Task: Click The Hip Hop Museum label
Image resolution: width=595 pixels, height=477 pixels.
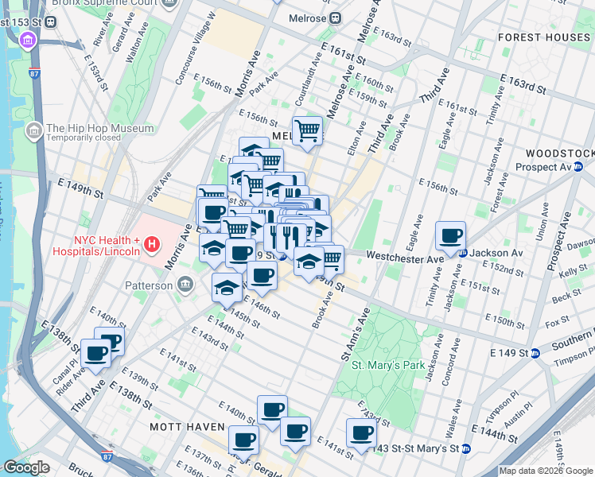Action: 99,128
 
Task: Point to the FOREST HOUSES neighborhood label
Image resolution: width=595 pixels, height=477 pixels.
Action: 545,37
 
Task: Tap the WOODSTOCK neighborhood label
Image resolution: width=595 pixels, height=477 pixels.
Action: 560,153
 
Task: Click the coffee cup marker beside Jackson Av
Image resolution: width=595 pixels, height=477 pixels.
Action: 451,235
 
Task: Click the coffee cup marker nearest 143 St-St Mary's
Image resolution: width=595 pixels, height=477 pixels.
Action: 361,434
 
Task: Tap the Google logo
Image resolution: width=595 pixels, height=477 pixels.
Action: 26,467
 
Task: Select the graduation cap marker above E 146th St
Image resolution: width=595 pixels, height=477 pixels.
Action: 227,287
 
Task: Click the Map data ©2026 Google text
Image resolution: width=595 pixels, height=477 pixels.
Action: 546,471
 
